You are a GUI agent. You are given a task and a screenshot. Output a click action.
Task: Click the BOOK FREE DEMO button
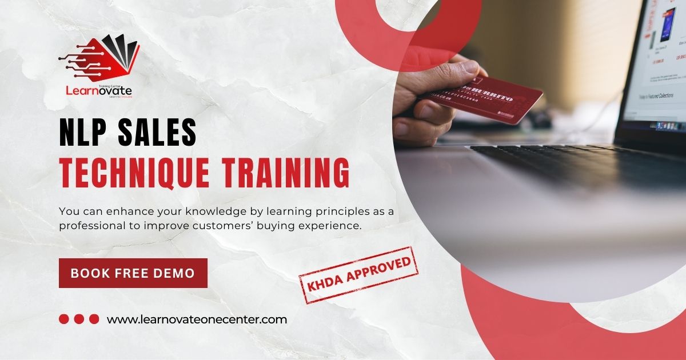[x=133, y=273]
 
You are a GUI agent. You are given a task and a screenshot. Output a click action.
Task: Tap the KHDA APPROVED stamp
[x=359, y=274]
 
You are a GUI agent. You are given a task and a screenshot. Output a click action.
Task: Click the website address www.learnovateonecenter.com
[x=197, y=319]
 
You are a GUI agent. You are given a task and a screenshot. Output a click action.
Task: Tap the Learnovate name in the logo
[x=99, y=90]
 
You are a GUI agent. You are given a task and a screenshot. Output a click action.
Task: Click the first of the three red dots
[x=64, y=319]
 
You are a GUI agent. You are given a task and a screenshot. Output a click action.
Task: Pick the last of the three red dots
[x=94, y=319]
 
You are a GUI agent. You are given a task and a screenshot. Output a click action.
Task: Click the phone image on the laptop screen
[x=667, y=24]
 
